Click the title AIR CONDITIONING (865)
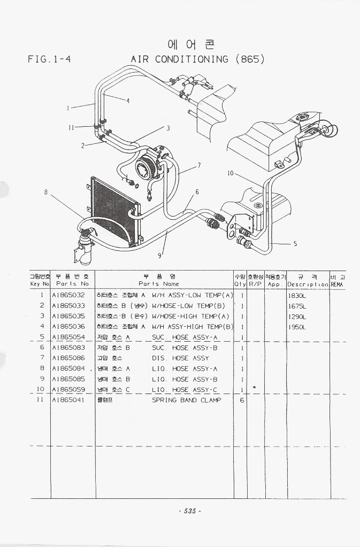[x=197, y=59]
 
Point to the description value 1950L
[x=297, y=327]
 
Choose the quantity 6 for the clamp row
[x=242, y=400]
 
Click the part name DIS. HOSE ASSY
[x=180, y=358]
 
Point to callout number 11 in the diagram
[x=71, y=127]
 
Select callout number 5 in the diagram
[x=295, y=244]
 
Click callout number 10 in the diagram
[x=230, y=173]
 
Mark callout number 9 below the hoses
[x=159, y=255]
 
